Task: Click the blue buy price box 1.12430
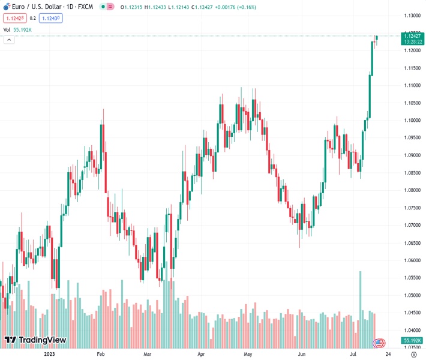[x=50, y=18]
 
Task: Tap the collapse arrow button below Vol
[x=9, y=40]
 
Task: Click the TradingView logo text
[x=42, y=340]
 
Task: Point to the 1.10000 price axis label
[x=411, y=121]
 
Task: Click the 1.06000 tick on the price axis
[x=411, y=261]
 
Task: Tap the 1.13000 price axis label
[x=411, y=16]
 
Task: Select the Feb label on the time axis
[x=101, y=355]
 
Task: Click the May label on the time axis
[x=248, y=355]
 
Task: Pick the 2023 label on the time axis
[x=50, y=355]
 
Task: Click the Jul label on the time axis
[x=355, y=355]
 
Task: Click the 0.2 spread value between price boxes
[x=32, y=18]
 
